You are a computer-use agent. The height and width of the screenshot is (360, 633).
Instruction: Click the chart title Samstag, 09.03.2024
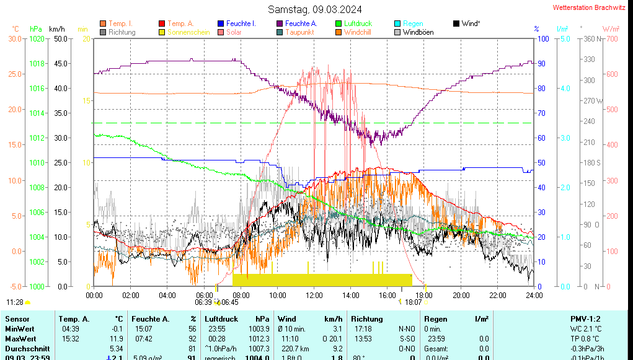315,9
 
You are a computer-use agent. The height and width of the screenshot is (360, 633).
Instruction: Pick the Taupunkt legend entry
299,32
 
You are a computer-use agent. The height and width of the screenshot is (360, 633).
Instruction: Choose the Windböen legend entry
418,32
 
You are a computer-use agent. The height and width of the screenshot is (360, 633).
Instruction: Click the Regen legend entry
413,24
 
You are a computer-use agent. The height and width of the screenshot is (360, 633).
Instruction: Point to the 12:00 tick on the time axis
314,295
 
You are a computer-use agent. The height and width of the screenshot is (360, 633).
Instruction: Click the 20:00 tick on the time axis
461,295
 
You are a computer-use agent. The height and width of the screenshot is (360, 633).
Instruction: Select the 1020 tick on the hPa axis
37,38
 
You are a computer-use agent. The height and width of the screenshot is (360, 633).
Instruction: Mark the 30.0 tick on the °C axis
15,38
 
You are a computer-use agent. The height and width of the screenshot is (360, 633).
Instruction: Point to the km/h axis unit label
56,29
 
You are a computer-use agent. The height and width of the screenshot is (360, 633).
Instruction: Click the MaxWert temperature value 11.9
117,339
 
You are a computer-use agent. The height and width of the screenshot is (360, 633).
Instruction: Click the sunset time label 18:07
414,302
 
